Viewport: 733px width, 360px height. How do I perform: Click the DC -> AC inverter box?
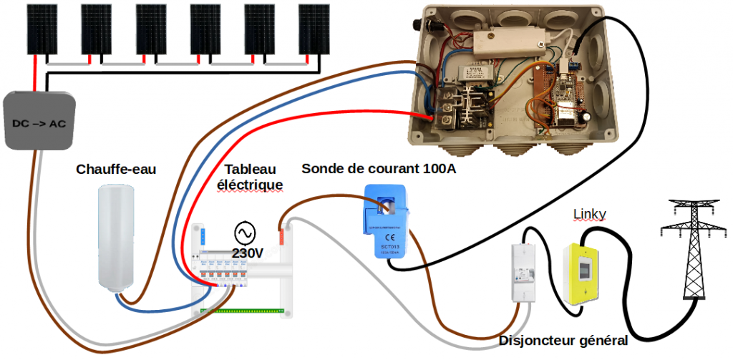[x=39, y=121]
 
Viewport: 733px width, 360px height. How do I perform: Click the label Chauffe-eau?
[x=116, y=170]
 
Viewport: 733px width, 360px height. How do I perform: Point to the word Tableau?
[x=251, y=170]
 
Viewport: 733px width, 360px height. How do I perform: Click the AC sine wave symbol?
[x=245, y=233]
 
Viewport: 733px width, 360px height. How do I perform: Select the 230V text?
[x=248, y=253]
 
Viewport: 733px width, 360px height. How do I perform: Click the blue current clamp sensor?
[x=387, y=219]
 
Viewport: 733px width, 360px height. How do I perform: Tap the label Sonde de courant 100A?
[x=379, y=169]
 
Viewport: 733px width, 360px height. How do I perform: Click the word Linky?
[x=591, y=215]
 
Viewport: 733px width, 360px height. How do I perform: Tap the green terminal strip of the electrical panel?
[x=243, y=311]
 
